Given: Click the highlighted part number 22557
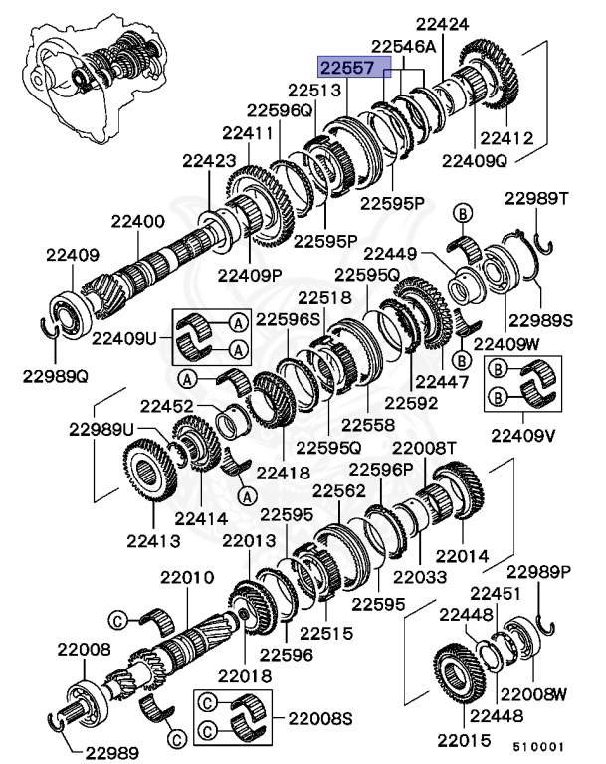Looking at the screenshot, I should click(345, 68).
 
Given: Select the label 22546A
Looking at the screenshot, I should click(403, 47).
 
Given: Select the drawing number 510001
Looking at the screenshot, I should click(538, 744).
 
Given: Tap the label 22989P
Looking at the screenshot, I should click(538, 571).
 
